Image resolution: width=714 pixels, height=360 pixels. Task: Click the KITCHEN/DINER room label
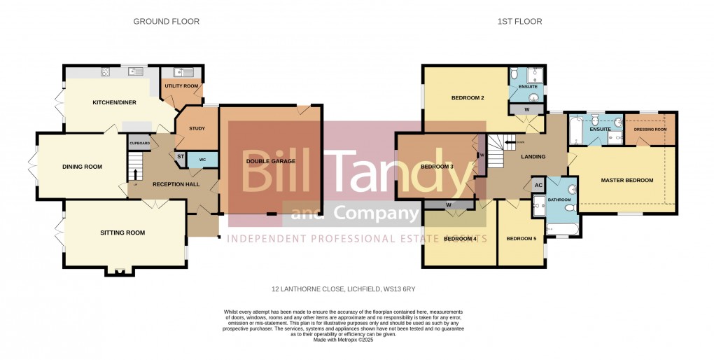114,103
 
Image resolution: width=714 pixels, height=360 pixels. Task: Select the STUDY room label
197,128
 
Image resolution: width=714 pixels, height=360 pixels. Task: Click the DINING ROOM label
82,167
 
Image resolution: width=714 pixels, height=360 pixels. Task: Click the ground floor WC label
202,160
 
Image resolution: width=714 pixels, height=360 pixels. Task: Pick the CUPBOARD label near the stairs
139,144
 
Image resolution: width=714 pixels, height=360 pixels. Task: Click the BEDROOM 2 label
468,98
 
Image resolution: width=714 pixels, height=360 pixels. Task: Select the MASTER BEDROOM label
626,181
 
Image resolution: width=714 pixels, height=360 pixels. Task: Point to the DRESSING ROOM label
650,129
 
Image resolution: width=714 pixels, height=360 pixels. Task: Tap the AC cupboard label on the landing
538,185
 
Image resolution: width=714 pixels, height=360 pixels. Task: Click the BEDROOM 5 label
521,239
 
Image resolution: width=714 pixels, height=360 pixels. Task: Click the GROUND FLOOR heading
166,22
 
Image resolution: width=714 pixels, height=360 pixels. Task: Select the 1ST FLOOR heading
519,22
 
